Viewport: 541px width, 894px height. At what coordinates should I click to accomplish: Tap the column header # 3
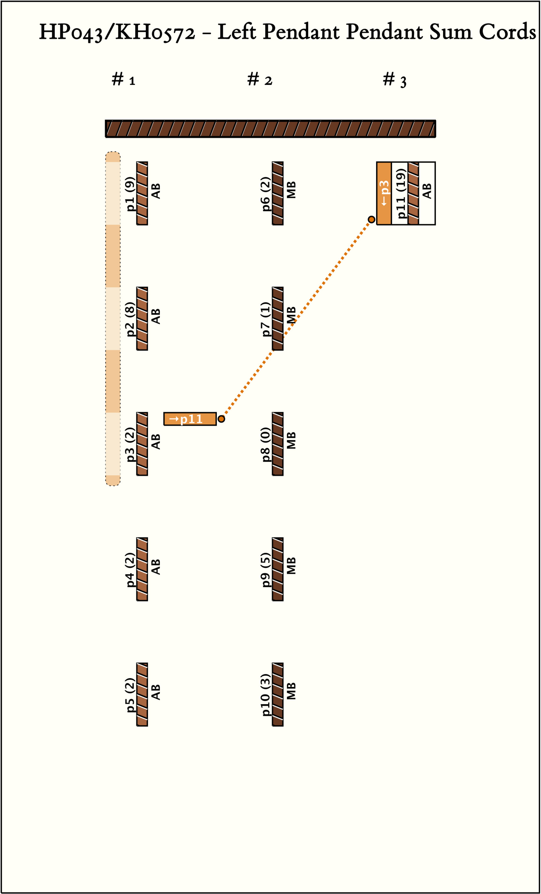[x=395, y=80]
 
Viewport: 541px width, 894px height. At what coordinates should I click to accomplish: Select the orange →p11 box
[x=190, y=419]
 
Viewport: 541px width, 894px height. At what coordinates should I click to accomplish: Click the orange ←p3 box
[x=384, y=193]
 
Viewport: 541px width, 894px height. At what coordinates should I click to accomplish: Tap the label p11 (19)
[x=401, y=195]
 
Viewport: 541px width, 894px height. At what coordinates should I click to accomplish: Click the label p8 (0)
[x=266, y=444]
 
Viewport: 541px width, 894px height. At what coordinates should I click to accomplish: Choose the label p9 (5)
[x=266, y=569]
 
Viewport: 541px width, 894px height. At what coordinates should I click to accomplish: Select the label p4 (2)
[x=130, y=569]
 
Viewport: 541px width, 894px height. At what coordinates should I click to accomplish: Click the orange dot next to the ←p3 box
[x=371, y=219]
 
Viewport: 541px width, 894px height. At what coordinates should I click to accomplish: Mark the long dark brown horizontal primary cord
[x=270, y=129]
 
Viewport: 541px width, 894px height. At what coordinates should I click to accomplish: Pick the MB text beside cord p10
[x=291, y=691]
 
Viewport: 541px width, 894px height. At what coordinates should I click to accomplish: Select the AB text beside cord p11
[x=427, y=191]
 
